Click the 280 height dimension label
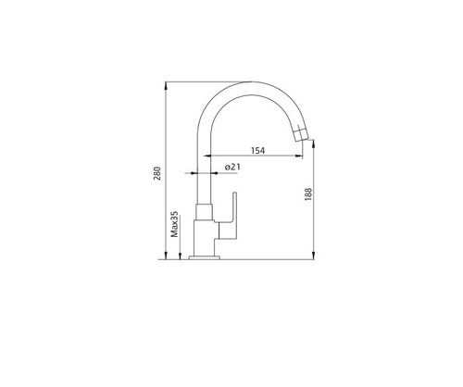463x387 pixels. (157, 173)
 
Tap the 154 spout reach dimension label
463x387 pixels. (257, 151)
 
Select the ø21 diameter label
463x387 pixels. (232, 167)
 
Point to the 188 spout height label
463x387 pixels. (308, 194)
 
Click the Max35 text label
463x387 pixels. (175, 224)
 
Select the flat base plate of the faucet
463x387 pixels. (204, 257)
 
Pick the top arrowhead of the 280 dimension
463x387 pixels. (166, 85)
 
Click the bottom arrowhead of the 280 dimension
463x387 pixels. (166, 256)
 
